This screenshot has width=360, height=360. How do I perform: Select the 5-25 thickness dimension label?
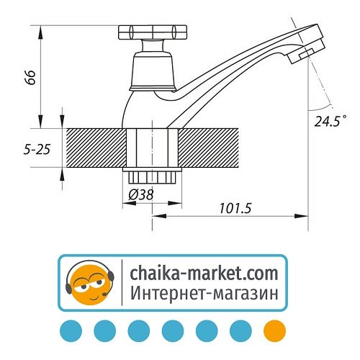pyautogui.click(x=36, y=150)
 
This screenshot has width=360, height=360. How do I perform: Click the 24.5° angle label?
pyautogui.click(x=330, y=120)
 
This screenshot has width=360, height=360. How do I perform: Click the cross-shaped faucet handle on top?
pyautogui.click(x=149, y=33)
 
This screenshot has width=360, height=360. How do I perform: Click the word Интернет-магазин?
pyautogui.click(x=204, y=294)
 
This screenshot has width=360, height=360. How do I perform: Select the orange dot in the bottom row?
pyautogui.click(x=274, y=330)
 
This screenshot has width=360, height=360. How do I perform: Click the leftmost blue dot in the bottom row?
pyautogui.click(x=70, y=330)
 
